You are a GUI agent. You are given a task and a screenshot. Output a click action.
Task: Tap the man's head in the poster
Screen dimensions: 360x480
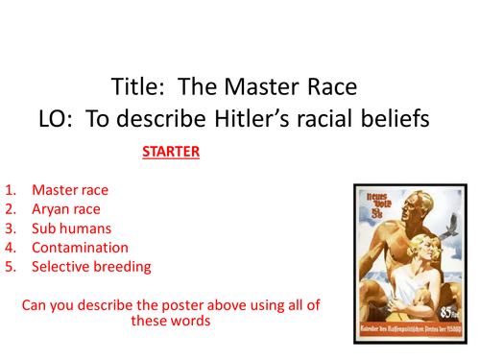click(403, 204)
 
